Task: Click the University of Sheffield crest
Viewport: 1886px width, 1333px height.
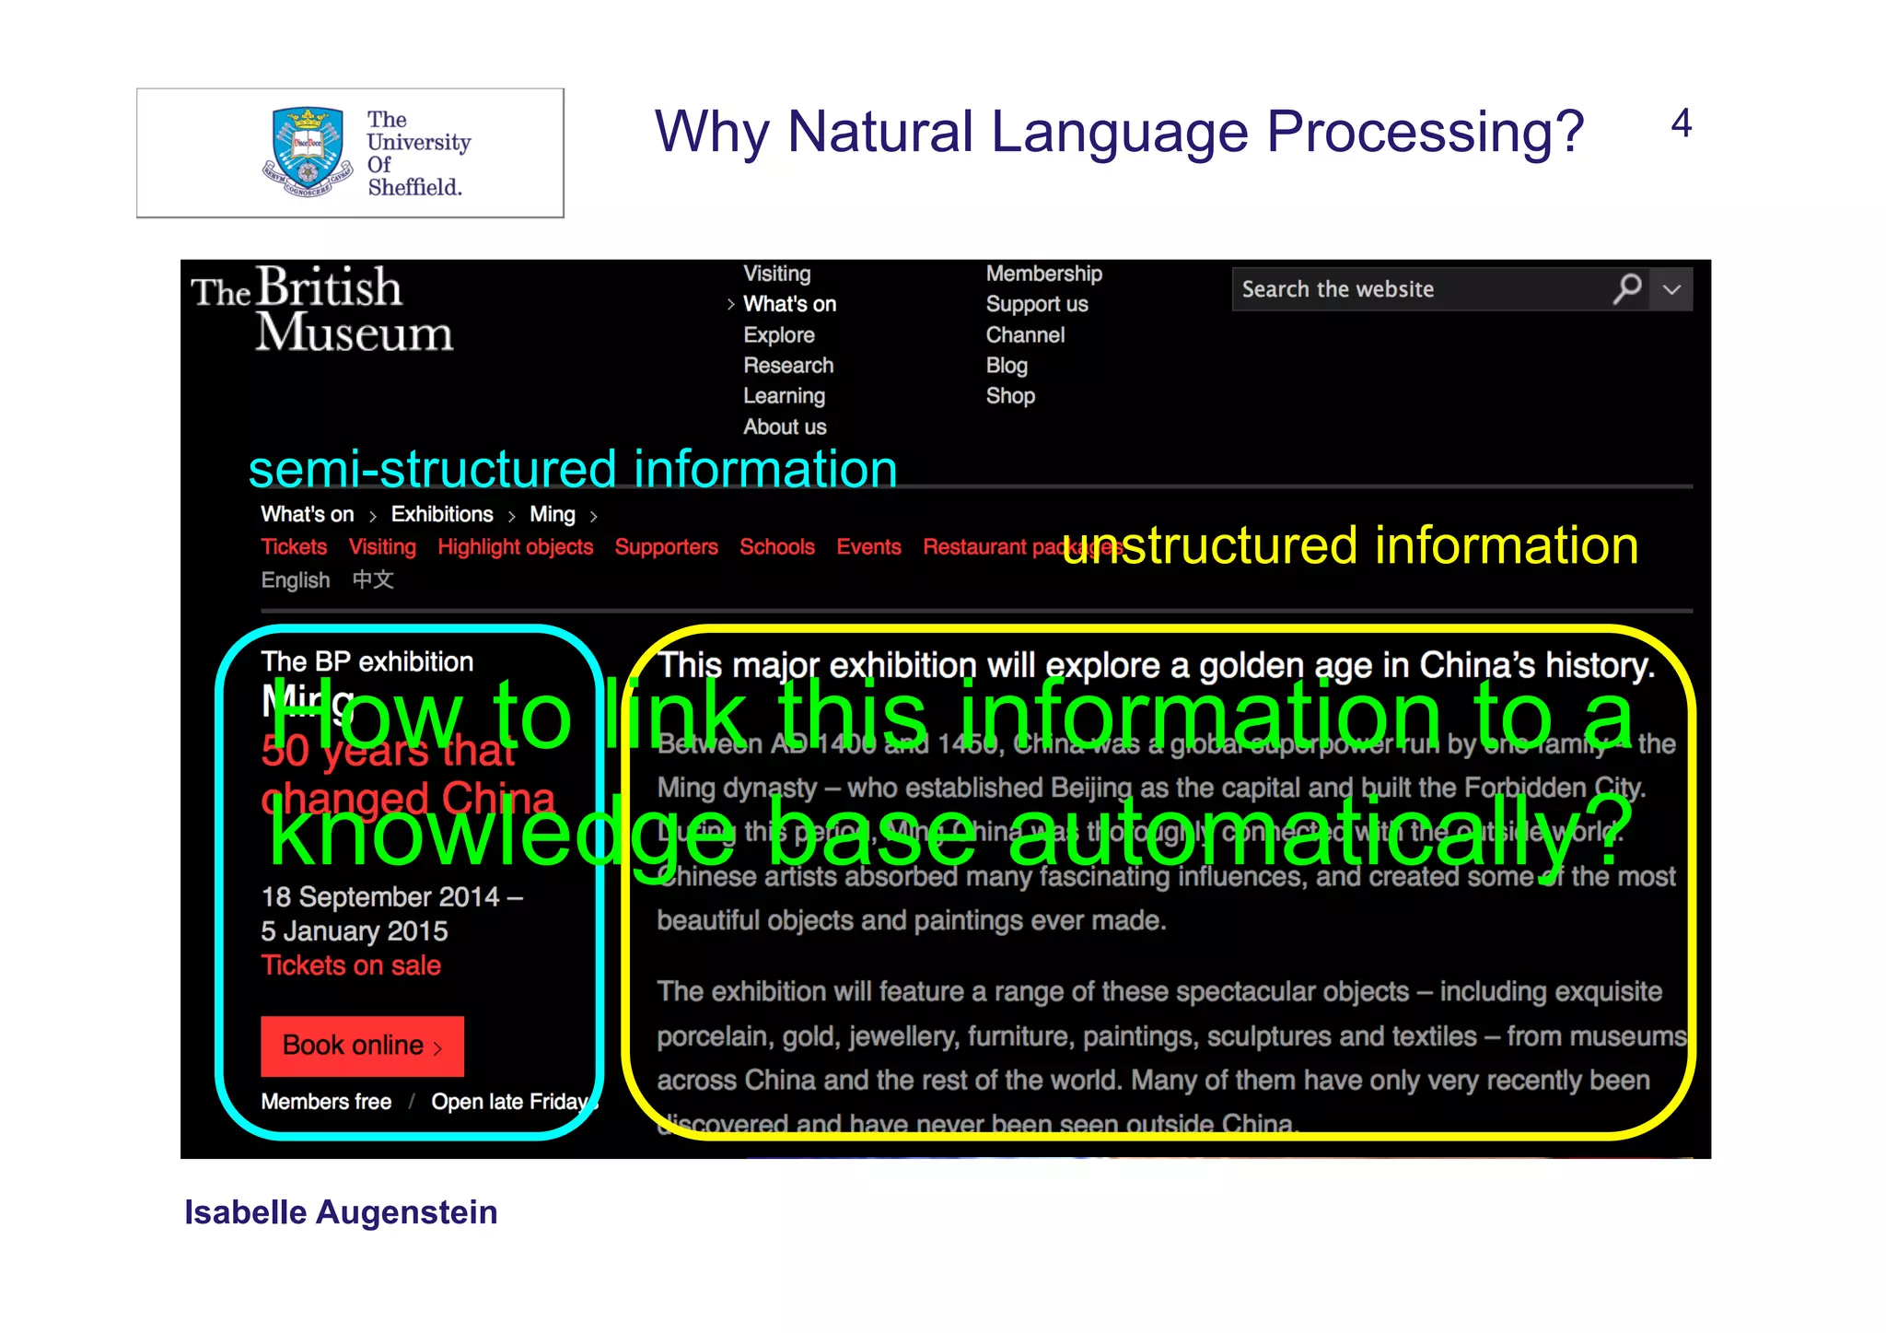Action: (308, 151)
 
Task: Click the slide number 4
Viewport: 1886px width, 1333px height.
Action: (1681, 123)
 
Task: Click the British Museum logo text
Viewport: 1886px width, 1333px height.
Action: (321, 310)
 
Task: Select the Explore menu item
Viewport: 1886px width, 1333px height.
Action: (779, 334)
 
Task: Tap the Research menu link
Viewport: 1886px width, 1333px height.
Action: (788, 365)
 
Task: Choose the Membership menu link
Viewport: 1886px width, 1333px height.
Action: (1043, 274)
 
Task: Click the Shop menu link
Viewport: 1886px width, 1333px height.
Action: (1010, 395)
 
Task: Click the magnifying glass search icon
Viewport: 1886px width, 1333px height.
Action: (1627, 289)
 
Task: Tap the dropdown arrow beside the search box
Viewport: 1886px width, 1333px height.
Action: (1672, 289)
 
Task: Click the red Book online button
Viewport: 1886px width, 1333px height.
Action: (362, 1046)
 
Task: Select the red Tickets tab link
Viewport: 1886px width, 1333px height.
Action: (294, 546)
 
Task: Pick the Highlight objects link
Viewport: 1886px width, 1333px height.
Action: (515, 546)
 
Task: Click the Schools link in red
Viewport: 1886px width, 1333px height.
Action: (777, 546)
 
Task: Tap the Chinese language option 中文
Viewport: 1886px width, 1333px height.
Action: (373, 579)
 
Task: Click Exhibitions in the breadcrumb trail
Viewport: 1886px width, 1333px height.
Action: (442, 514)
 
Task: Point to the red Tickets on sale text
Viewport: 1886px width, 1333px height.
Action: (351, 965)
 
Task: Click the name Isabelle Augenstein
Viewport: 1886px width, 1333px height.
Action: (341, 1212)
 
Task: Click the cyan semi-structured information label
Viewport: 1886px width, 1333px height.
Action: (573, 469)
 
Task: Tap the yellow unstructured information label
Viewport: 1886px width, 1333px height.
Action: (1350, 545)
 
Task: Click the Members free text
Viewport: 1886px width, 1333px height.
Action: (326, 1102)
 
